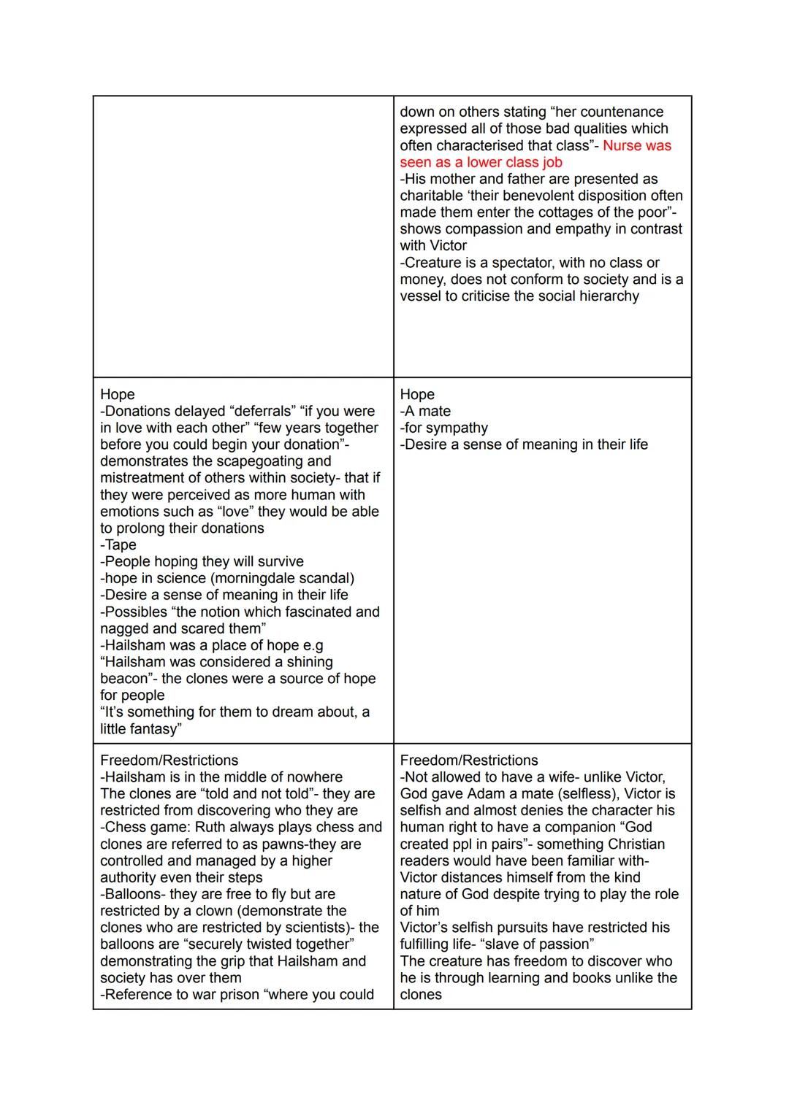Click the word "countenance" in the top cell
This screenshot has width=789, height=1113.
point(620,112)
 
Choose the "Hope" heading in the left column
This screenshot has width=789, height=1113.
point(118,394)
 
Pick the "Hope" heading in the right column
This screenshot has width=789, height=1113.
point(417,394)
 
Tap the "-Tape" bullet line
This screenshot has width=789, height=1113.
point(118,544)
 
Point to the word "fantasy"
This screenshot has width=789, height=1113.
point(153,729)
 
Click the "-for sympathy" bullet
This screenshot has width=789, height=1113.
point(443,428)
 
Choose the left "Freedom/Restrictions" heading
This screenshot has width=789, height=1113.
point(169,760)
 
